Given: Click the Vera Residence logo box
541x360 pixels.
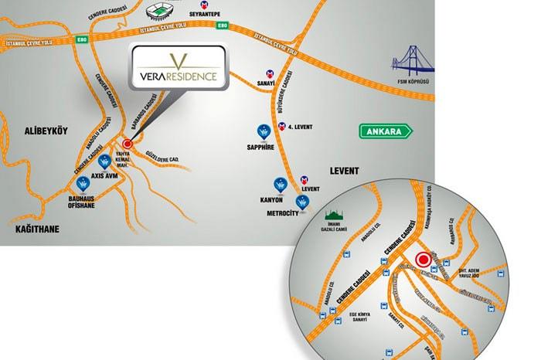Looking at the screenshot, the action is [x=179, y=68].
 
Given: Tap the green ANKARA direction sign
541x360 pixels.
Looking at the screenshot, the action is [x=384, y=131].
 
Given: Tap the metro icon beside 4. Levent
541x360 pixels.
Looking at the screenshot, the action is [x=283, y=124].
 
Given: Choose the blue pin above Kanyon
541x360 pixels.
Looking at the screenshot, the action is [x=280, y=184].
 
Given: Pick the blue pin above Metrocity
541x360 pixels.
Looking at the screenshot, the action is [x=302, y=202].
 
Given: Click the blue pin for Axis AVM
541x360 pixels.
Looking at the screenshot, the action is [x=104, y=162].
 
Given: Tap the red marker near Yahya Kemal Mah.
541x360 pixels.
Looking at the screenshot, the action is [x=128, y=143].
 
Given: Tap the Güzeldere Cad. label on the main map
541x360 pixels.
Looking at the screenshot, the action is [x=162, y=158].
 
